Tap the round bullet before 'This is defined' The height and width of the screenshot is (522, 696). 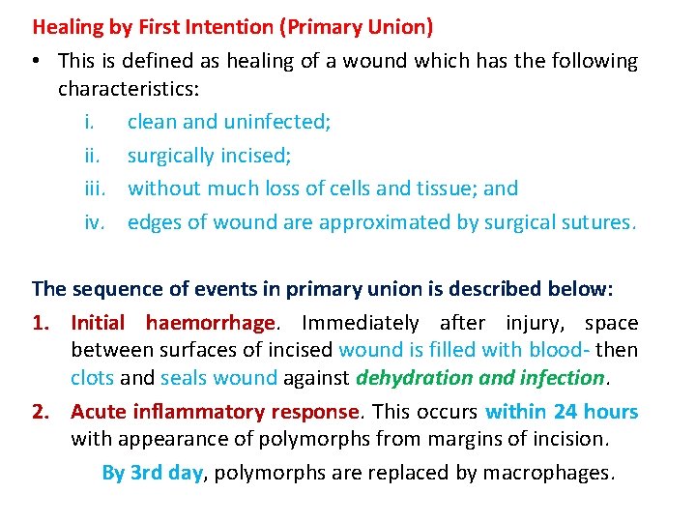35,62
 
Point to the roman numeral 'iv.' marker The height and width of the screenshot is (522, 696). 94,222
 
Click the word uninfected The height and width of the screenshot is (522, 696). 276,122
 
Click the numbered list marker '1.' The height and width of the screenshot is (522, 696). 43,323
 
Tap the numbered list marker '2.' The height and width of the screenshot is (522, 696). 43,412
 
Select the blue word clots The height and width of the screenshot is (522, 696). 92,377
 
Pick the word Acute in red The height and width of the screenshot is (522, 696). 96,412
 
